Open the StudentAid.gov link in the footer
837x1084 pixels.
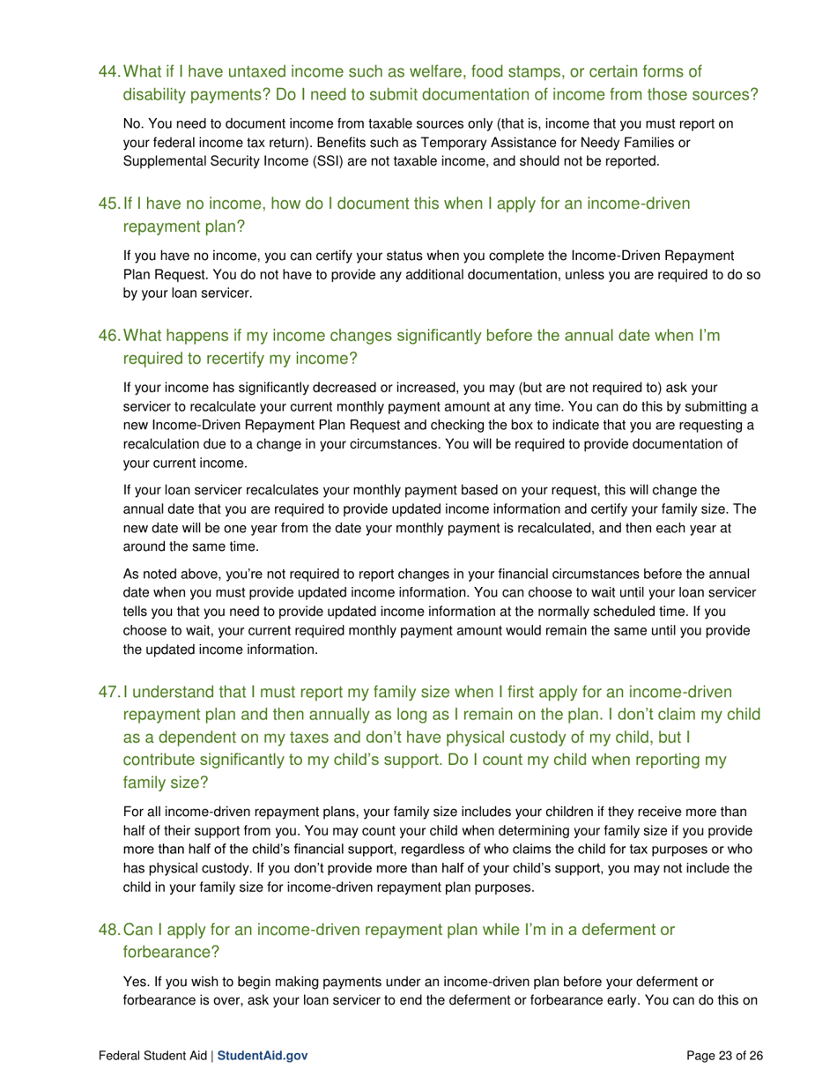tap(262, 1055)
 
